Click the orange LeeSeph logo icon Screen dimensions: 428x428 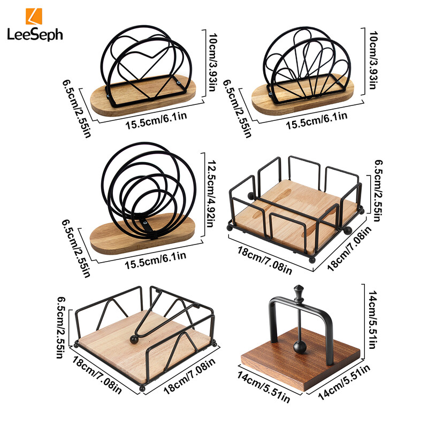[34, 17]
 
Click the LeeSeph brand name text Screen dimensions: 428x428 [35, 35]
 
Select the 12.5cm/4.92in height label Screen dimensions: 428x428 [210, 194]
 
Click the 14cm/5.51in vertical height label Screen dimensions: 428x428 [372, 319]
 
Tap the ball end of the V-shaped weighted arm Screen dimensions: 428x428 [134, 339]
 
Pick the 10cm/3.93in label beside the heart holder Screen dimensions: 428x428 [212, 62]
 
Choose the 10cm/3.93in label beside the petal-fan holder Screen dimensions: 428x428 [373, 60]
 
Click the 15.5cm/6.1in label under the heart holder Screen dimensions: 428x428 [156, 120]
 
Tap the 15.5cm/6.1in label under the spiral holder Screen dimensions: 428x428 [156, 260]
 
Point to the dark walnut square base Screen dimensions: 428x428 [301, 360]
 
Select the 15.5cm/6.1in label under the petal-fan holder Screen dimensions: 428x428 [317, 120]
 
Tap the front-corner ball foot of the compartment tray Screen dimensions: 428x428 [312, 259]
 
